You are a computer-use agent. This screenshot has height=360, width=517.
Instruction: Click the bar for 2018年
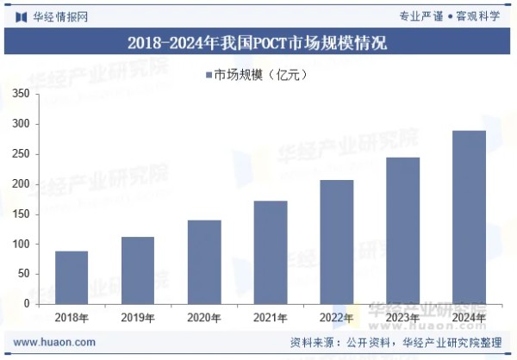point(72,277)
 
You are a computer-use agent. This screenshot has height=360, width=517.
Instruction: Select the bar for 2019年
point(138,270)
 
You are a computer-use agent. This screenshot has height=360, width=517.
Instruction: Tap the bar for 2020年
point(204,262)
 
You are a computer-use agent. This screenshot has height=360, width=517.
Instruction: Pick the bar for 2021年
point(271,252)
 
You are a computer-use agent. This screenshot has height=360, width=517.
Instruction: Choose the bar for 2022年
point(336,242)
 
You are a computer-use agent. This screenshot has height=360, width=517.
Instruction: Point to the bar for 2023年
point(402,231)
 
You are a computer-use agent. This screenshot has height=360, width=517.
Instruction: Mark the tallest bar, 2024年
point(469,217)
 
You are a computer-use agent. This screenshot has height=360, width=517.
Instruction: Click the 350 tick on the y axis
point(22,94)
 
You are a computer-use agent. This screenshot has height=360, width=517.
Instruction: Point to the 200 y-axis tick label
point(22,184)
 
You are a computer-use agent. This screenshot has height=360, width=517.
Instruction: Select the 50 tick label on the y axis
point(24,274)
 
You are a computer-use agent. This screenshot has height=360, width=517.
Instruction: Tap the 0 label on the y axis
point(27,304)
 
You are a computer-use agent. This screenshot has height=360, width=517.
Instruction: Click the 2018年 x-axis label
point(72,319)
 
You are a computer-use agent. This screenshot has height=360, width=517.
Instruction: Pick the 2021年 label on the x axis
point(271,319)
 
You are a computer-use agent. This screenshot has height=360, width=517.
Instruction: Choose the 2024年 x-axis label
point(469,319)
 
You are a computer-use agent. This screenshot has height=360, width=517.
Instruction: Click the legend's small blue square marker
point(209,76)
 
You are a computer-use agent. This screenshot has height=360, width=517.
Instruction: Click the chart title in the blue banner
point(258,41)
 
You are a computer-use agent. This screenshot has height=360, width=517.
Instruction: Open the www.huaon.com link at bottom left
point(54,342)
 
